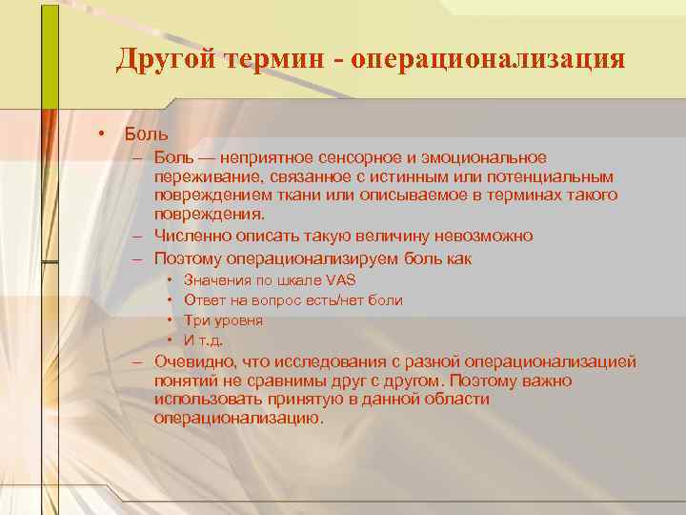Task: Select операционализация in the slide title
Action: coord(488,59)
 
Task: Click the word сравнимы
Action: coord(276,381)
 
